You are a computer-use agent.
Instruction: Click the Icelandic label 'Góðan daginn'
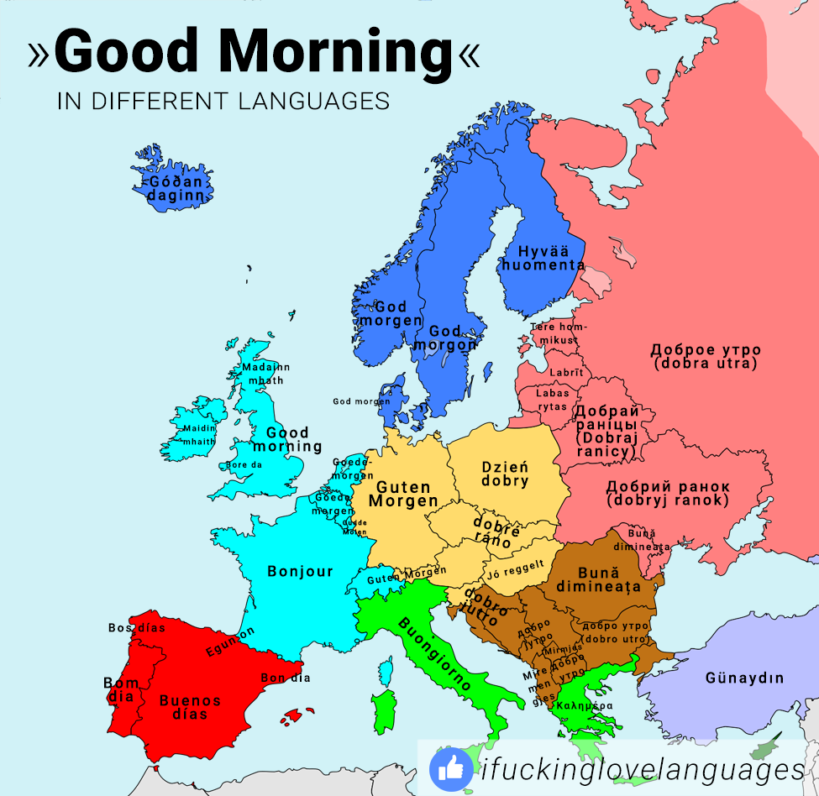pyautogui.click(x=176, y=188)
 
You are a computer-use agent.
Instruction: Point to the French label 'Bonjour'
pyautogui.click(x=300, y=572)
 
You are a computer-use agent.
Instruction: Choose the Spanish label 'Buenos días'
pyautogui.click(x=190, y=707)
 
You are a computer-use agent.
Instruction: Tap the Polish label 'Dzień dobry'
pyautogui.click(x=505, y=474)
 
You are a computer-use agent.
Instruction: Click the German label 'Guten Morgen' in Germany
pyautogui.click(x=403, y=494)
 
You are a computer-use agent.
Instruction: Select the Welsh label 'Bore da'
pyautogui.click(x=244, y=464)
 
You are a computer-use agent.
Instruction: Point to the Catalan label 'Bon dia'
pyautogui.click(x=286, y=678)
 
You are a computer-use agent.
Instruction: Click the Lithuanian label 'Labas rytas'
pyautogui.click(x=553, y=399)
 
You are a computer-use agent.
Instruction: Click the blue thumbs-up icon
pyautogui.click(x=451, y=768)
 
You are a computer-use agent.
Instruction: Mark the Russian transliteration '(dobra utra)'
pyautogui.click(x=705, y=364)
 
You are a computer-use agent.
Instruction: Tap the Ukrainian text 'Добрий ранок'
pyautogui.click(x=668, y=487)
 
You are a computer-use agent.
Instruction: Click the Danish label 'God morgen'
pyautogui.click(x=361, y=401)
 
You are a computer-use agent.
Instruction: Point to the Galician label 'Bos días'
pyautogui.click(x=136, y=627)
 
